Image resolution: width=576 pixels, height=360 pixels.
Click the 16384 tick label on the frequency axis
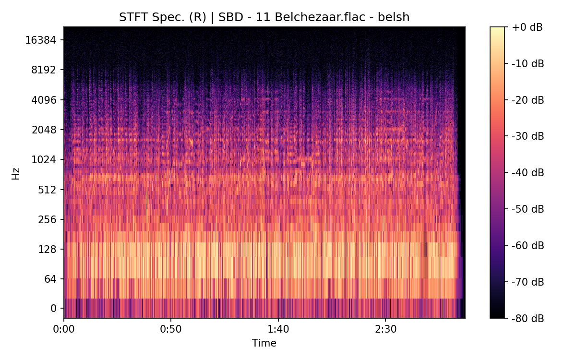pyautogui.click(x=41, y=40)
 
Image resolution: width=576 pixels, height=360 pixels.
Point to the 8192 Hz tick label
pyautogui.click(x=44, y=70)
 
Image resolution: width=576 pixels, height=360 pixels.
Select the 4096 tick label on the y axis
pyautogui.click(x=44, y=100)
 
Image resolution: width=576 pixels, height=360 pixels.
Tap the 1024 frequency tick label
pyautogui.click(x=44, y=159)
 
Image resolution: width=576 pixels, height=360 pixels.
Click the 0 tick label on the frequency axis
pyautogui.click(x=54, y=308)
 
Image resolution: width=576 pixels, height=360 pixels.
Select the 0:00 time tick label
pyautogui.click(x=64, y=330)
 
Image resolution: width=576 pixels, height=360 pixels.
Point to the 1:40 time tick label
pyautogui.click(x=278, y=330)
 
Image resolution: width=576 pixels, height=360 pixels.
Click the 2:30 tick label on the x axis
pyautogui.click(x=385, y=330)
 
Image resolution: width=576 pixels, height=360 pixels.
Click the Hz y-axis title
pyautogui.click(x=16, y=173)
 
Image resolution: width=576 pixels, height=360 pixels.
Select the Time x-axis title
pyautogui.click(x=264, y=343)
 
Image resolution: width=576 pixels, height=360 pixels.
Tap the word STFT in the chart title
pyautogui.click(x=131, y=17)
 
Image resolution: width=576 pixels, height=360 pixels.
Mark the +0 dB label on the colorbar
pyautogui.click(x=527, y=27)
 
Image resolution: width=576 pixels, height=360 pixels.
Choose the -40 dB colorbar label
pyautogui.click(x=528, y=172)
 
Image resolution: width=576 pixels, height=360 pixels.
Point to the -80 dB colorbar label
pyautogui.click(x=528, y=318)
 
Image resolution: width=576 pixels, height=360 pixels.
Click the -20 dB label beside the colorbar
pyautogui.click(x=528, y=100)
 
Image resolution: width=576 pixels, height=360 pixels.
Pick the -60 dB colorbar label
pyautogui.click(x=528, y=245)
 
